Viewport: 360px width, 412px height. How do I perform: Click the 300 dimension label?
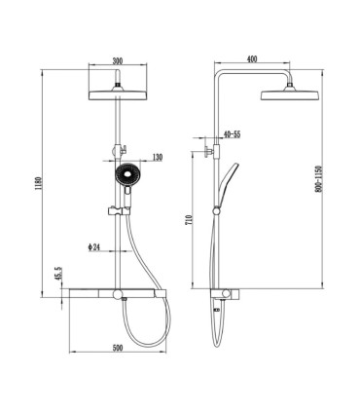pyautogui.click(x=118, y=60)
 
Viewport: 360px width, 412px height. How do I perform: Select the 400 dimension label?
pyautogui.click(x=252, y=59)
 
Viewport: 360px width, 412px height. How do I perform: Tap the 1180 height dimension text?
pyautogui.click(x=37, y=184)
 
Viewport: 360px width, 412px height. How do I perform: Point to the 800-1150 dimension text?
pyautogui.click(x=318, y=179)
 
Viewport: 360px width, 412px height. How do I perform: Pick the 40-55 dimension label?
pyautogui.click(x=233, y=134)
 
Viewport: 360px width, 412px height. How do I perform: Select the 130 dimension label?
pyautogui.click(x=158, y=157)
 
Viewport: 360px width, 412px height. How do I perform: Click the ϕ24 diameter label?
pyautogui.click(x=93, y=247)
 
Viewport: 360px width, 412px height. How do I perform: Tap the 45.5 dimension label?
pyautogui.click(x=58, y=274)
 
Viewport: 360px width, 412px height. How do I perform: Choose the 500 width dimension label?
pyautogui.click(x=118, y=348)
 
